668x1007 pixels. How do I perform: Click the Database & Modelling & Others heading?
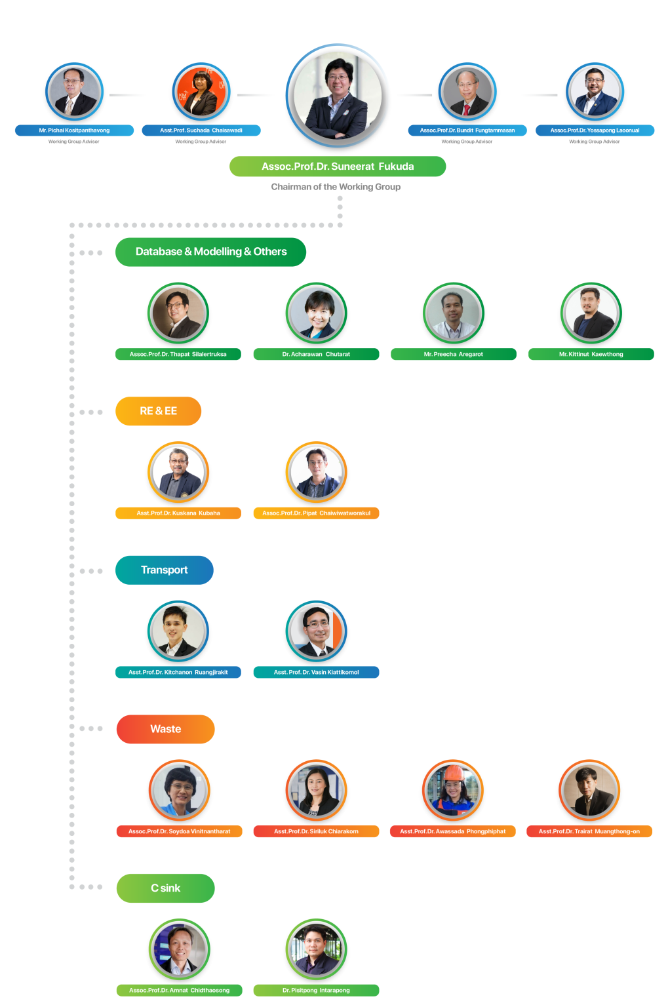[210, 252]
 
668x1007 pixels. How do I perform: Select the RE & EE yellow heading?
[158, 411]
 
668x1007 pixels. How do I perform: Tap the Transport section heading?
[164, 570]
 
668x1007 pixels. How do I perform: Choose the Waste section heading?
[165, 729]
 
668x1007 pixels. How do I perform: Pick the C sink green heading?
[165, 888]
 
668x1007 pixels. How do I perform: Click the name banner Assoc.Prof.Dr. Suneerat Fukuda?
[338, 167]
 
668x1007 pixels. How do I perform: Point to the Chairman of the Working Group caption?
[336, 187]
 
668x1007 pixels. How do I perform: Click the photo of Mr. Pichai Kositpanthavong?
[74, 91]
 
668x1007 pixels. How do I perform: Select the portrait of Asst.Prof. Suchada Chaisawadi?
[201, 91]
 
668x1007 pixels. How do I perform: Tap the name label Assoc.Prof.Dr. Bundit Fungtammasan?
[467, 130]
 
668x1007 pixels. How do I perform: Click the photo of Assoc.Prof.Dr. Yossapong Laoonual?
[595, 91]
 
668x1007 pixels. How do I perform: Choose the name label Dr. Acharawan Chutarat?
[316, 354]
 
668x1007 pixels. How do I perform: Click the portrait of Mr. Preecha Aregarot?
[454, 313]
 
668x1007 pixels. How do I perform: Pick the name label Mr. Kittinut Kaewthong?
[591, 354]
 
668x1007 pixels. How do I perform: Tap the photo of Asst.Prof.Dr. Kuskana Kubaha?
[178, 473]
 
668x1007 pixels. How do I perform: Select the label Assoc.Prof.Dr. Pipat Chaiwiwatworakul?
[316, 513]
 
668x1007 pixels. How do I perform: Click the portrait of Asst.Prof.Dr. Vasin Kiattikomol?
[316, 631]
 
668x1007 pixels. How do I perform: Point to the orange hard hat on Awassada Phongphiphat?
[454, 774]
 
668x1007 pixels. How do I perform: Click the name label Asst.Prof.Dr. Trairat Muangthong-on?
[589, 831]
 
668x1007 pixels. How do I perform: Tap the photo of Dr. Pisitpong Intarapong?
[316, 949]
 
